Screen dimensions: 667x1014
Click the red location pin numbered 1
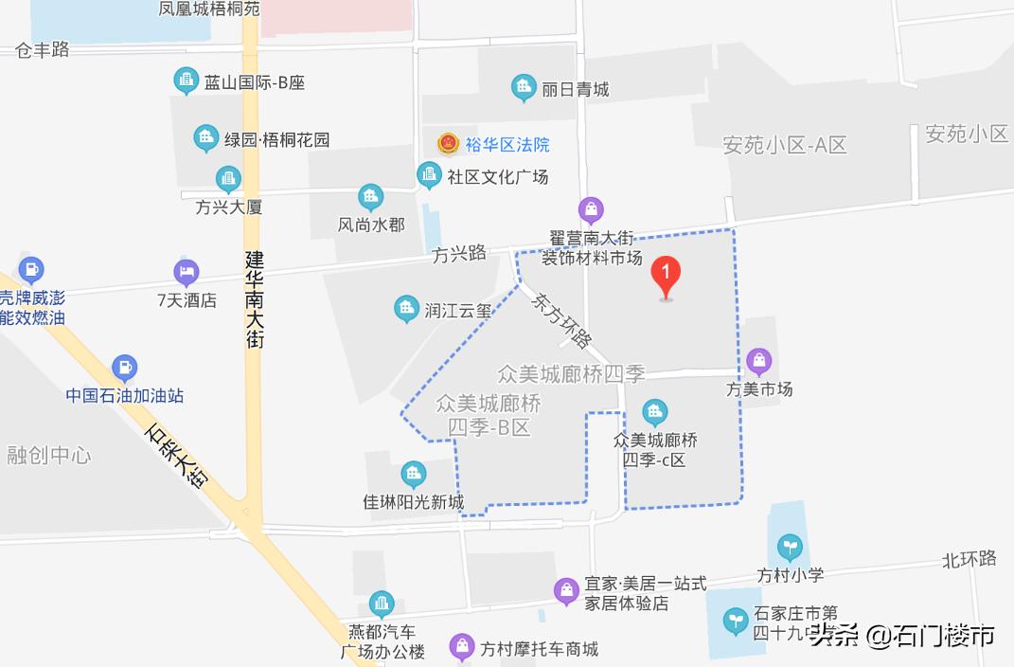tap(666, 276)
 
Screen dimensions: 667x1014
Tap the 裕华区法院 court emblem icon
tap(448, 144)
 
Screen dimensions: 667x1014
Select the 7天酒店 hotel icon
tap(187, 273)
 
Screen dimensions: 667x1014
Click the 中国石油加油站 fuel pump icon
tap(124, 368)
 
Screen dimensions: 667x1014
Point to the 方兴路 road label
tap(458, 253)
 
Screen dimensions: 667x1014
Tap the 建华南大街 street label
tap(254, 298)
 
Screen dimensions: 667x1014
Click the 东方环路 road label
tap(561, 319)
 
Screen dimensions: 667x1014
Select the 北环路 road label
tap(969, 558)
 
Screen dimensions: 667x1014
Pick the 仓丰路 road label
tap(43, 50)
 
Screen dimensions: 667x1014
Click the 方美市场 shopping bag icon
tap(758, 361)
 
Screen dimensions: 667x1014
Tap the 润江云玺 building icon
tap(406, 308)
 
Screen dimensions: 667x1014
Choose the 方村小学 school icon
tap(790, 547)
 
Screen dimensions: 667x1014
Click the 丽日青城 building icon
tap(524, 89)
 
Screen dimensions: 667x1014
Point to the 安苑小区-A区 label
tap(784, 145)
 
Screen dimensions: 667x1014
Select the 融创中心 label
tap(48, 455)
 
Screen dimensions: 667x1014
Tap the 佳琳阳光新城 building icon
tap(413, 474)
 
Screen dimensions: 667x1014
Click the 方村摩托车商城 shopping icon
tap(462, 648)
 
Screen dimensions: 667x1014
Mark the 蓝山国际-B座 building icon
tap(187, 81)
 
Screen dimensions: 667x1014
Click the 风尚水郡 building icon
tap(371, 197)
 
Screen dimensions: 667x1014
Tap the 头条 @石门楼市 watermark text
tap(901, 635)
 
